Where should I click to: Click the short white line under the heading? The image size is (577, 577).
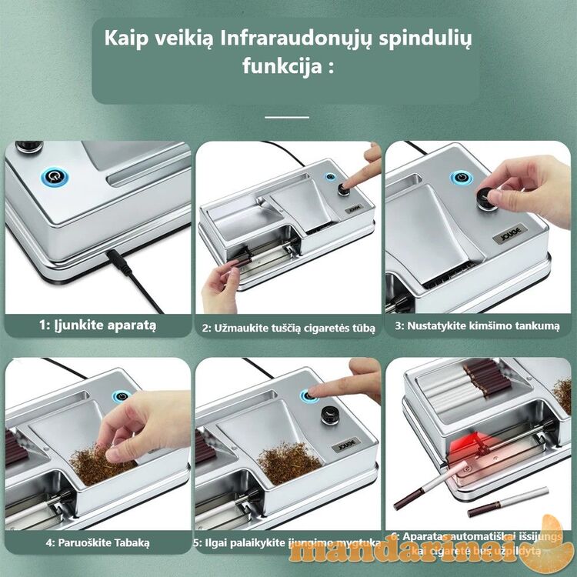287,118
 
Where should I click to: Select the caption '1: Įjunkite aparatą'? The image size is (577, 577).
98,325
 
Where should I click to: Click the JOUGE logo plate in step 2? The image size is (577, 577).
354,208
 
